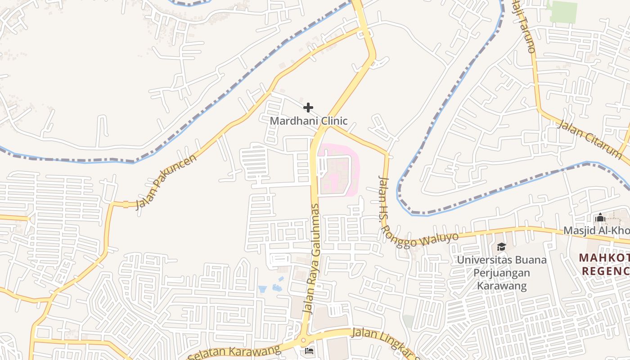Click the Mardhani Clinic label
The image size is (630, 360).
(309, 121)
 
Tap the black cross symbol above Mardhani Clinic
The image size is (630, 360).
(308, 108)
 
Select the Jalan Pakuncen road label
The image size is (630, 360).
(167, 182)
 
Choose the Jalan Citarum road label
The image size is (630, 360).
(589, 139)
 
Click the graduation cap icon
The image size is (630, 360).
(501, 247)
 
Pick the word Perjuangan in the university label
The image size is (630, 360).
(502, 273)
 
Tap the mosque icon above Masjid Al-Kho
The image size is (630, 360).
(600, 218)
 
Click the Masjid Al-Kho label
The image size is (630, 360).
(596, 231)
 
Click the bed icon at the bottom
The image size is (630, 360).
(309, 351)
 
